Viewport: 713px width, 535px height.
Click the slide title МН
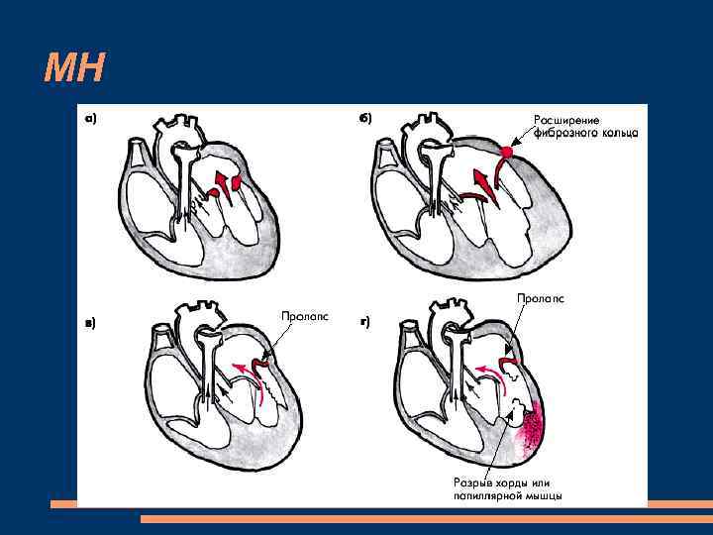click(x=75, y=68)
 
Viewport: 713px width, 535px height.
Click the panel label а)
click(x=90, y=118)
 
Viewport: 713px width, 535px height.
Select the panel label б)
click(x=365, y=118)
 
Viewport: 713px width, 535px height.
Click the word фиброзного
click(x=560, y=132)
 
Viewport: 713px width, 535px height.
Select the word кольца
click(x=615, y=132)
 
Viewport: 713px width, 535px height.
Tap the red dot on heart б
click(x=505, y=152)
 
